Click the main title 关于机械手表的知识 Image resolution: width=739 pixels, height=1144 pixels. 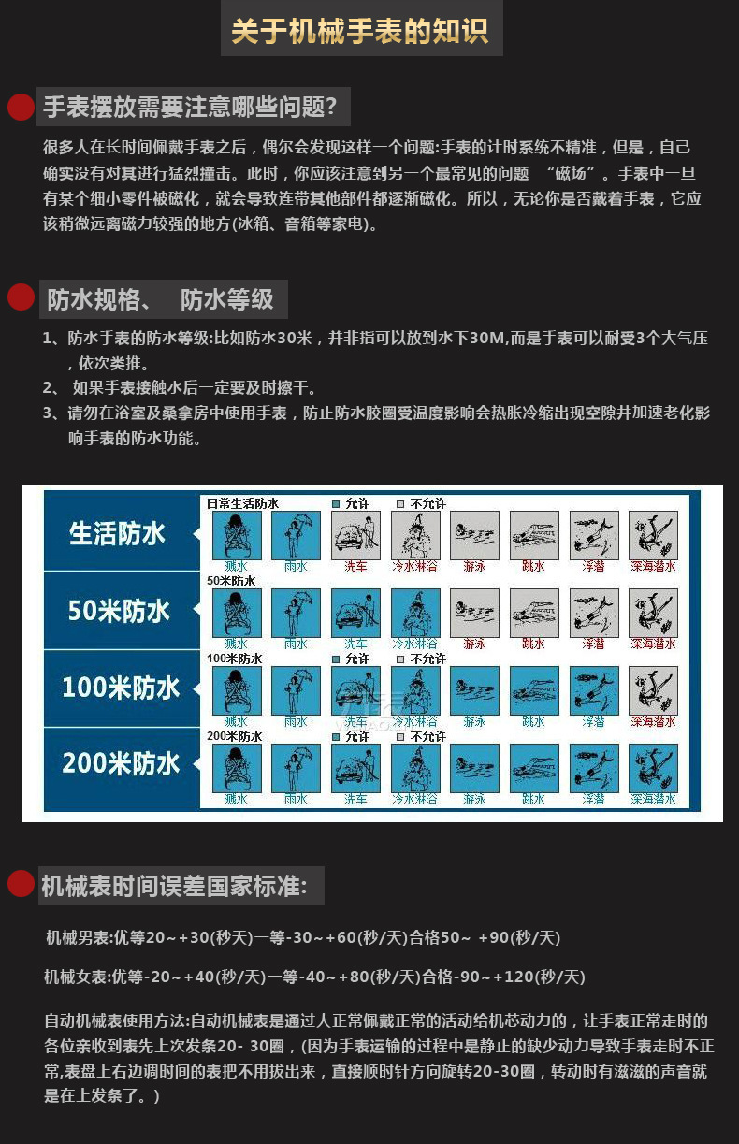point(359,32)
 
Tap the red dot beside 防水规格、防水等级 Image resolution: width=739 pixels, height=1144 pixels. point(21,297)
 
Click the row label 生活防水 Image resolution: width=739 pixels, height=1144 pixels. point(117,534)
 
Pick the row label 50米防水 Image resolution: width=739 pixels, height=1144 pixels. point(118,612)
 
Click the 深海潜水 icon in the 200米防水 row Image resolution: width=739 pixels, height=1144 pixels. point(653,768)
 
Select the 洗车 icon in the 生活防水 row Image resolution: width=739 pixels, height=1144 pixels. point(355,535)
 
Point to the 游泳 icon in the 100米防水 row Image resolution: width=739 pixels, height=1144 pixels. point(474,690)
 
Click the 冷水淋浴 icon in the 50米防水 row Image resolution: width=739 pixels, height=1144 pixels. point(414,613)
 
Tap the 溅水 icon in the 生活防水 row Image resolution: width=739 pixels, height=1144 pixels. point(237,535)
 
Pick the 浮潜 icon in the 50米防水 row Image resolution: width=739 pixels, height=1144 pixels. point(593,613)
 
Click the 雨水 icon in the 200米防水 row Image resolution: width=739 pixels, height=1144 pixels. point(296,768)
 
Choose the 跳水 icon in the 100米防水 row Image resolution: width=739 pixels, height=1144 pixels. point(533,690)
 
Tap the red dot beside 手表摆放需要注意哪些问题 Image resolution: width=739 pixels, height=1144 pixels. point(21,108)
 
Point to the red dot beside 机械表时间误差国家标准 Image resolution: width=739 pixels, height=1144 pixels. point(21,884)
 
